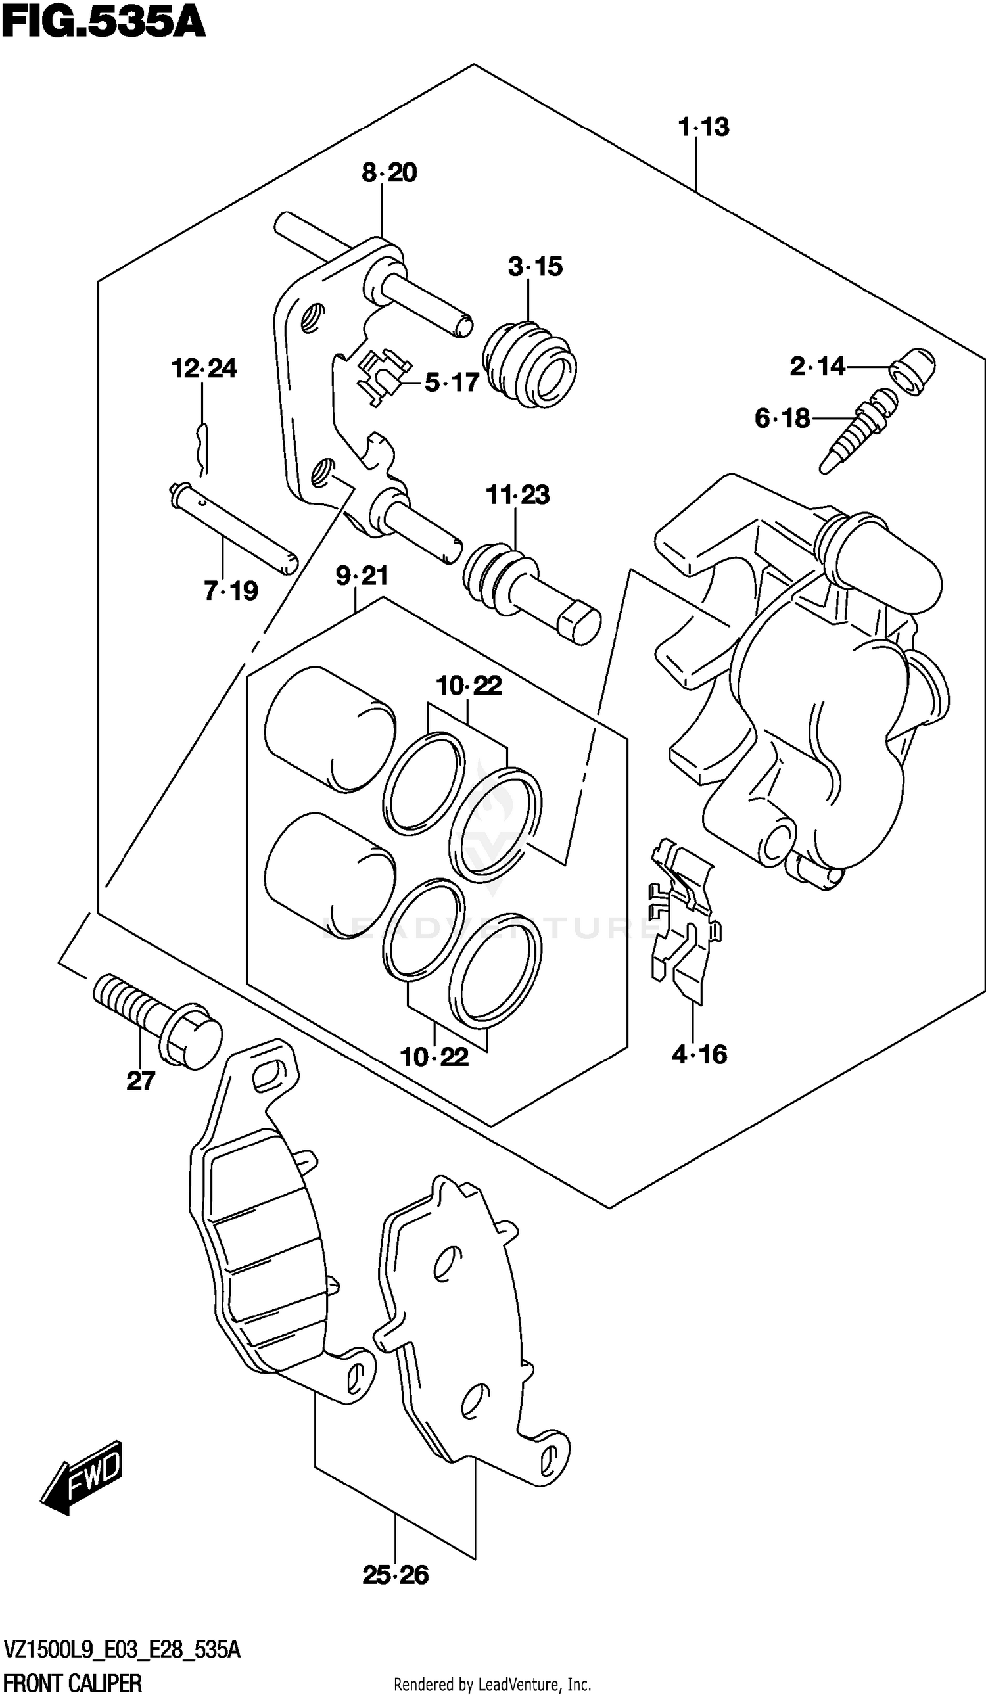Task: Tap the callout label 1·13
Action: click(x=704, y=128)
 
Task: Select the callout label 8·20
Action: click(x=389, y=172)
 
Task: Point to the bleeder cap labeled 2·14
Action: click(x=912, y=371)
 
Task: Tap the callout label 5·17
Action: click(x=451, y=383)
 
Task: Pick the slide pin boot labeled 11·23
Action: click(x=530, y=592)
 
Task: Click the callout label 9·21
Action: click(x=362, y=576)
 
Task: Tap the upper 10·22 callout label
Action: click(x=469, y=686)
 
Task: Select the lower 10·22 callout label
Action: click(x=434, y=1058)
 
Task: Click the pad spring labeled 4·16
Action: click(x=683, y=920)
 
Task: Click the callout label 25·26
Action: click(x=395, y=1575)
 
